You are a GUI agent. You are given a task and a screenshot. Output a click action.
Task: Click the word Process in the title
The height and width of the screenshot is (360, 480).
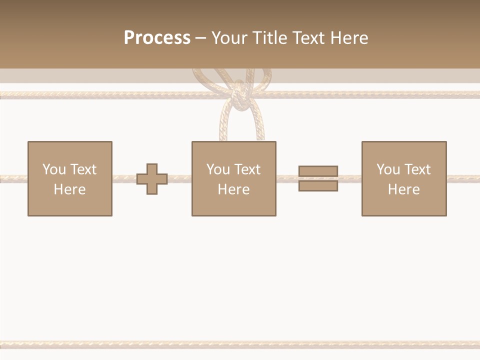point(157,38)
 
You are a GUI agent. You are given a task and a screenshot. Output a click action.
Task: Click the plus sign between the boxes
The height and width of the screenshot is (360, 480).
point(152,178)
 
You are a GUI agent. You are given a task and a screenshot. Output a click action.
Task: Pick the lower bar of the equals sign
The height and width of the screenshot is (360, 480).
point(318,185)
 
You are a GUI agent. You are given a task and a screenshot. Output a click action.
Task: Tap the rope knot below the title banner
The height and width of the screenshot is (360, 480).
point(239,95)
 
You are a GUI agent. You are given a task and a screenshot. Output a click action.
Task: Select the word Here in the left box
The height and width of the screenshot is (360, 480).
point(69,189)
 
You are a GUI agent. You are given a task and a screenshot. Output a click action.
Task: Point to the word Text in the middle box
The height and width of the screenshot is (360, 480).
point(247,169)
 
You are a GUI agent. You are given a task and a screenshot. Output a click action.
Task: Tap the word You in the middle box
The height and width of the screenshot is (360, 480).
point(218,169)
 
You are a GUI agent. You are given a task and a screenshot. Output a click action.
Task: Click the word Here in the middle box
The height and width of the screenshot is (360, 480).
point(233,189)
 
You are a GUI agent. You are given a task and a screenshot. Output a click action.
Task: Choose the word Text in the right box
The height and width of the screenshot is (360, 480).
point(417,169)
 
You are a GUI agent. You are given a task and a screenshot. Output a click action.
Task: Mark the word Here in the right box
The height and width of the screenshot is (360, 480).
point(403,189)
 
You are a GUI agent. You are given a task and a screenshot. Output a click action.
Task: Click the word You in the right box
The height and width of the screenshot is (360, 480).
point(388,169)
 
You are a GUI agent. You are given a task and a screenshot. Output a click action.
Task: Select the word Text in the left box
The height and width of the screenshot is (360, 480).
point(83,169)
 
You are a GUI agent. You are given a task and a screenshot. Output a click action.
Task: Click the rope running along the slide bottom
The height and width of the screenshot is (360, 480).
point(240,344)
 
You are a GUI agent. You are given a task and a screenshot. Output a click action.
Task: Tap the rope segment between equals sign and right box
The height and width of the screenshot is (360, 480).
point(349,178)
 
